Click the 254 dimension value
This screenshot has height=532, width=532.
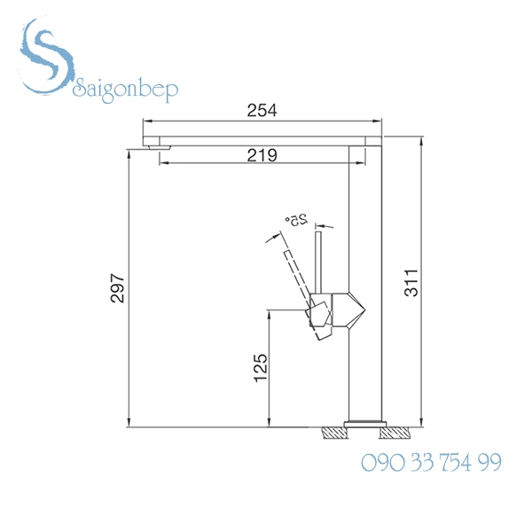click(x=262, y=111)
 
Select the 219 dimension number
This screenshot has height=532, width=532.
click(x=262, y=155)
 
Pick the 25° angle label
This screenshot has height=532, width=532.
click(x=295, y=219)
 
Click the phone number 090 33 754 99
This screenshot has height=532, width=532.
click(x=432, y=462)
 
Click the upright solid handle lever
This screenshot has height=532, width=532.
click(x=320, y=262)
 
